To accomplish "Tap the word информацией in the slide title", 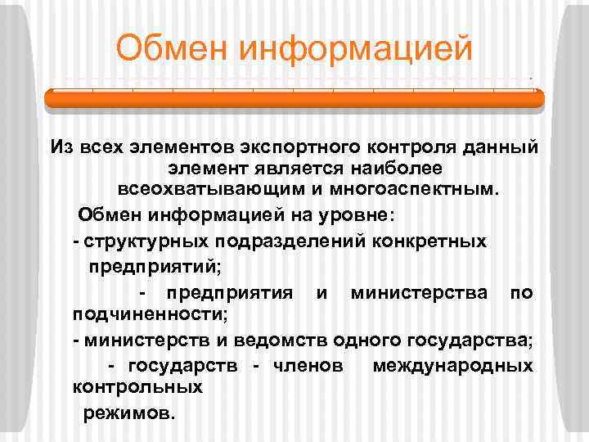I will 356,47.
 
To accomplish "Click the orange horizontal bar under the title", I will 294,98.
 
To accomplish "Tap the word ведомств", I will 252,339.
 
